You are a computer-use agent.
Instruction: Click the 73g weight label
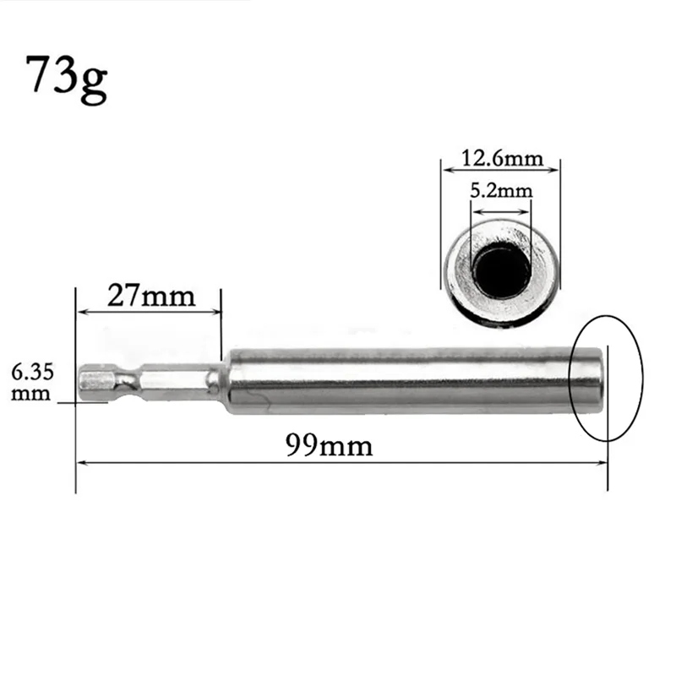pos(67,77)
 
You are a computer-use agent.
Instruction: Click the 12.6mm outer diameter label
pos(500,158)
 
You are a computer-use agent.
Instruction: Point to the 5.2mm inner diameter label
pos(502,190)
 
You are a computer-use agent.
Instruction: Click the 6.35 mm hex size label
pos(30,381)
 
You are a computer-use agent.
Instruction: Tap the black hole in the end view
pos(502,270)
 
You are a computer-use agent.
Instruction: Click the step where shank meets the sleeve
pos(221,381)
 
